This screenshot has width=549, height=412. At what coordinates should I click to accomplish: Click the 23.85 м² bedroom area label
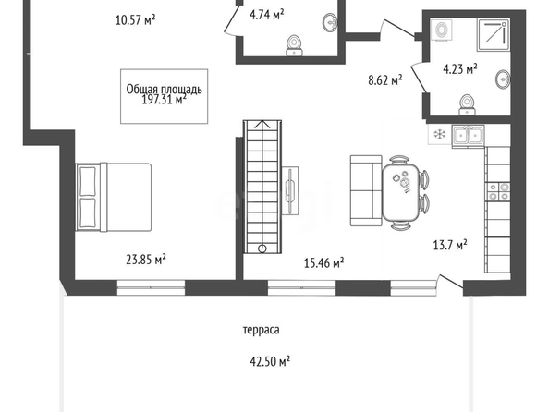146,260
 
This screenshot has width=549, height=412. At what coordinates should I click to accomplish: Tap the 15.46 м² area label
323,262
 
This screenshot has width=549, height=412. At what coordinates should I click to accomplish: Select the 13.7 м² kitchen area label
450,245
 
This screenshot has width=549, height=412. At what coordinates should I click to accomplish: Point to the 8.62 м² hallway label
385,80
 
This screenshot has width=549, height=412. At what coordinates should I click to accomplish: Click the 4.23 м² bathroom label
460,68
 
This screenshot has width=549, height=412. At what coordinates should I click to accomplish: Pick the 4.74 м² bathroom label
266,15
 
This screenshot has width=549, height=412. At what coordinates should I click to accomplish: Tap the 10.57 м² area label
135,19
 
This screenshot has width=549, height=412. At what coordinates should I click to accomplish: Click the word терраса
262,330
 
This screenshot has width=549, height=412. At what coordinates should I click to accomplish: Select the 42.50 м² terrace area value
270,361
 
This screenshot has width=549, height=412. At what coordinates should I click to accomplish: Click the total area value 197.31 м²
164,100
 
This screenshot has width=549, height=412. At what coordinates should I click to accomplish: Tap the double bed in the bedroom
114,197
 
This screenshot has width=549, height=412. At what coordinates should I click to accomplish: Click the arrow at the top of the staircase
262,125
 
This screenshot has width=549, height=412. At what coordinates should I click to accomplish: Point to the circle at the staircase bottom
262,248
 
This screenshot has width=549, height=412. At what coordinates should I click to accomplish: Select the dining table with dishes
401,192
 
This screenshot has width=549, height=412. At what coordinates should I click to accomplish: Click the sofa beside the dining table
366,190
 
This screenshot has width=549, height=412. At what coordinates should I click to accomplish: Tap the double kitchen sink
468,135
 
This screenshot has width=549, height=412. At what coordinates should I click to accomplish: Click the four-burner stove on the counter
498,191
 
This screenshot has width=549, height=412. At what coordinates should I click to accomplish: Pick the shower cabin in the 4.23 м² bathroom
494,35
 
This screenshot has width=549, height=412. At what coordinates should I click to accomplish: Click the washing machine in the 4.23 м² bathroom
441,30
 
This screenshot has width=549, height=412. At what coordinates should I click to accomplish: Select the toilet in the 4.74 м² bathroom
294,46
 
